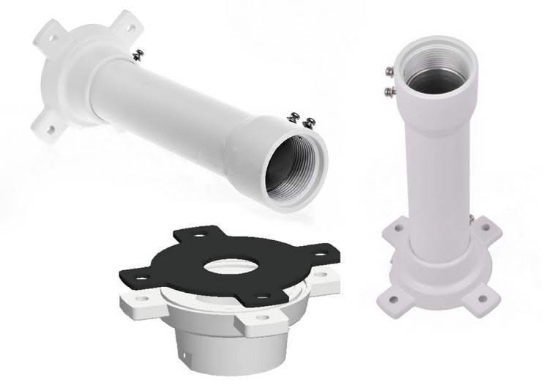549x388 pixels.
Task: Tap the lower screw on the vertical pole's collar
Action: pyautogui.click(x=390, y=91)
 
